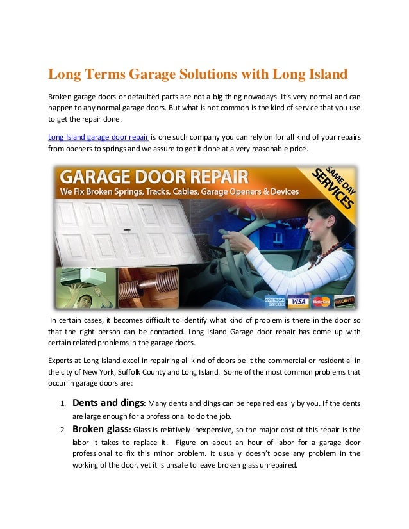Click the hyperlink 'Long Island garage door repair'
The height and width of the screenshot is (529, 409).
(99, 136)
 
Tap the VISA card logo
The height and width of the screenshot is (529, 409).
(296, 300)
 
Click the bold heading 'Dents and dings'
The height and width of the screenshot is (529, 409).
(109, 403)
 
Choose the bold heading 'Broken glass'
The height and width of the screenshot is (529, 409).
(101, 429)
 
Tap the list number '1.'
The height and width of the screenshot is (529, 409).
(63, 405)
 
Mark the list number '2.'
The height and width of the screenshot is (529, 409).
(63, 430)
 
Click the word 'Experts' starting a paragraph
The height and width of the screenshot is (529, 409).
(62, 359)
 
